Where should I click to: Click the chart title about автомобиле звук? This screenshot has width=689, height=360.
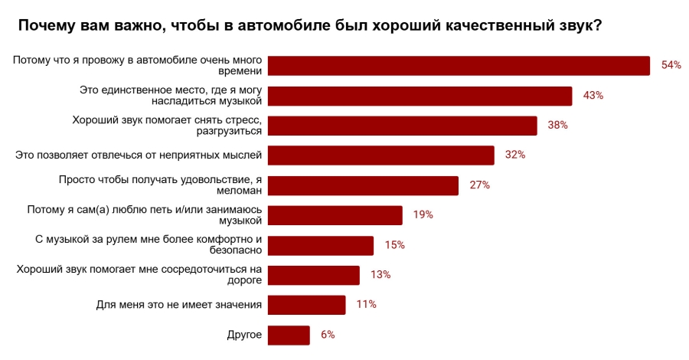coord(309,25)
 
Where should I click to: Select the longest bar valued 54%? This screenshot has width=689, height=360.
coord(459,66)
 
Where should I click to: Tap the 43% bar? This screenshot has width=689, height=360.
coord(420,96)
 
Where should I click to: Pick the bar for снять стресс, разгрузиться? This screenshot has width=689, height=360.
coord(403,126)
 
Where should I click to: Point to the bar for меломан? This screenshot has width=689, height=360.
coord(364,185)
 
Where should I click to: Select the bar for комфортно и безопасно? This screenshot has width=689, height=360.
coord(321,245)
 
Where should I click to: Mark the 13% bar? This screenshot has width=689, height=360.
coord(314,275)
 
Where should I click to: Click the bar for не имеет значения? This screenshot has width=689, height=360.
coord(307,305)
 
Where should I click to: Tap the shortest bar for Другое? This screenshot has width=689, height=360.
coord(289,335)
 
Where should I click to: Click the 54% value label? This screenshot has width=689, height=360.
coord(671,66)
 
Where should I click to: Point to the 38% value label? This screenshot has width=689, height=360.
coord(557,126)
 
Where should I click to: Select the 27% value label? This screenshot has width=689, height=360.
coord(479,185)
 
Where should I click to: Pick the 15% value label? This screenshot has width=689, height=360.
coord(394,245)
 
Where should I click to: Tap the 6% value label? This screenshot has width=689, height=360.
coord(328,335)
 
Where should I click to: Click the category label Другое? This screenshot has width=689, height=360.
coord(245,335)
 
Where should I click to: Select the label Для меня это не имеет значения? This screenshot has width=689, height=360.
coord(180,305)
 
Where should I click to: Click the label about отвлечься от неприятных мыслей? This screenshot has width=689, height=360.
coord(139,155)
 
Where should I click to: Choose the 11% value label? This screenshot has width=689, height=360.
coord(366,305)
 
